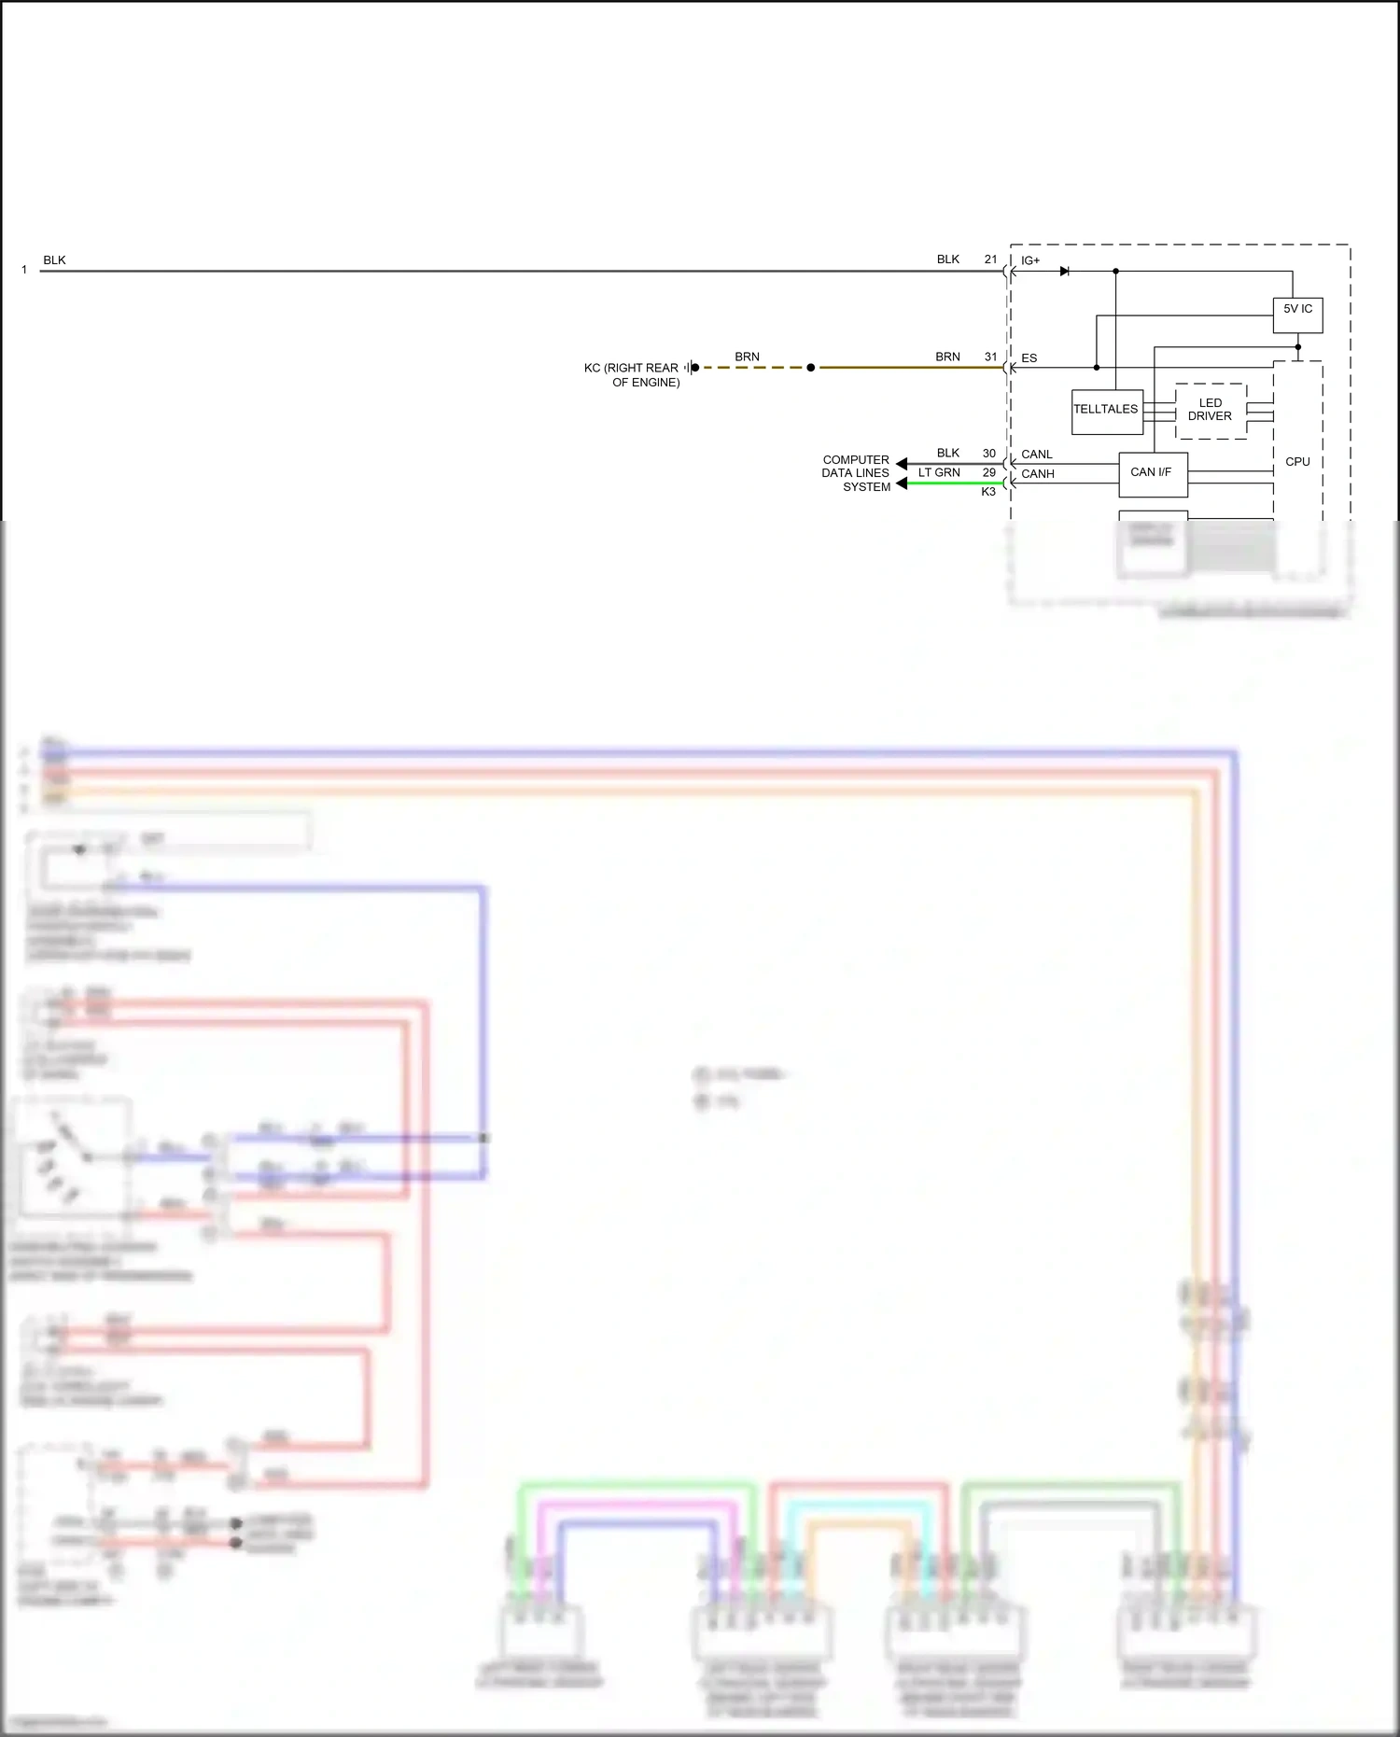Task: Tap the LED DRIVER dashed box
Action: point(1211,411)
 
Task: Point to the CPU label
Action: point(1297,462)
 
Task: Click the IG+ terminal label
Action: point(1030,261)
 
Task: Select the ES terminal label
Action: point(1029,358)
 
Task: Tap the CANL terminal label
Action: point(1037,455)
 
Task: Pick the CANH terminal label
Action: point(1038,474)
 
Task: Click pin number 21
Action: point(991,259)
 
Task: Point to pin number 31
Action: point(991,357)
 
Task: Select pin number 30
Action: point(989,454)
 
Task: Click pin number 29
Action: point(989,472)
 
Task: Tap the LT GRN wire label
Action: point(939,473)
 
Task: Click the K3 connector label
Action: point(988,492)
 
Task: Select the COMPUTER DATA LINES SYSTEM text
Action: point(856,473)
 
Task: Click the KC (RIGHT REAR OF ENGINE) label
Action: point(632,375)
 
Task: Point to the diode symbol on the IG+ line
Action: point(1065,272)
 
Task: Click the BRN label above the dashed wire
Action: point(747,357)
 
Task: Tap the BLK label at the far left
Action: point(54,260)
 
